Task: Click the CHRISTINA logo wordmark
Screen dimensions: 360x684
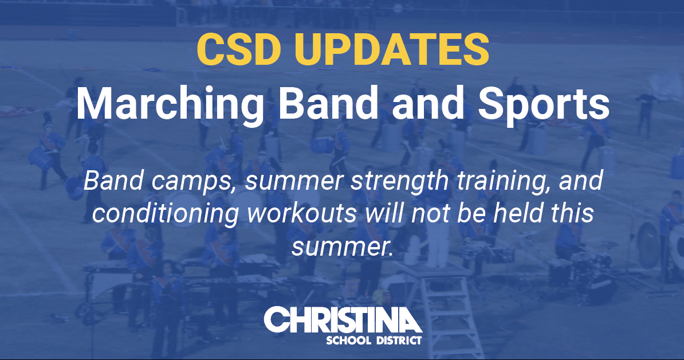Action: tap(343, 320)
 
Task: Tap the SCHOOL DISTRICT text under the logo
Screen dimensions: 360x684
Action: tap(374, 341)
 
